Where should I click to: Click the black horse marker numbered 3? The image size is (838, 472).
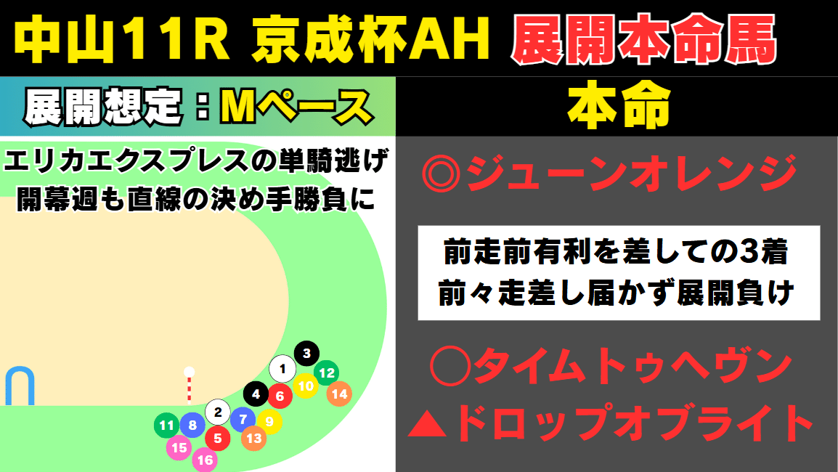click(x=306, y=354)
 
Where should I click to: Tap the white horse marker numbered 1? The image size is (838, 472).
click(x=282, y=369)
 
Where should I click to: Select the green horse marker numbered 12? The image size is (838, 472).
click(x=327, y=373)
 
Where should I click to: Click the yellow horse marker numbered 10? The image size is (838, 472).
click(x=306, y=386)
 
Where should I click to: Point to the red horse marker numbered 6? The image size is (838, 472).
click(x=280, y=396)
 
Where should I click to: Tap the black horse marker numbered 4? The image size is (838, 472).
click(x=256, y=394)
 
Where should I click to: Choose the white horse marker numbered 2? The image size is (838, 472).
click(x=217, y=412)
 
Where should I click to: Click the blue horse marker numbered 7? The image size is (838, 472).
click(x=243, y=418)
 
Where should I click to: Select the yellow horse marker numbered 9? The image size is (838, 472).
click(x=269, y=420)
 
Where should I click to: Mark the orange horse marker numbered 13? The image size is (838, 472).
click(x=253, y=438)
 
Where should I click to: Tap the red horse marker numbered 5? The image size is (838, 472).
click(x=217, y=437)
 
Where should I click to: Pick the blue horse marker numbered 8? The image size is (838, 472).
click(x=192, y=426)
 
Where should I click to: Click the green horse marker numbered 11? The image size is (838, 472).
click(x=167, y=426)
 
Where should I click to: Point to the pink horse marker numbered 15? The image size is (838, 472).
click(x=179, y=448)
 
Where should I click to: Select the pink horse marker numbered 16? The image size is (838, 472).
click(x=205, y=459)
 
